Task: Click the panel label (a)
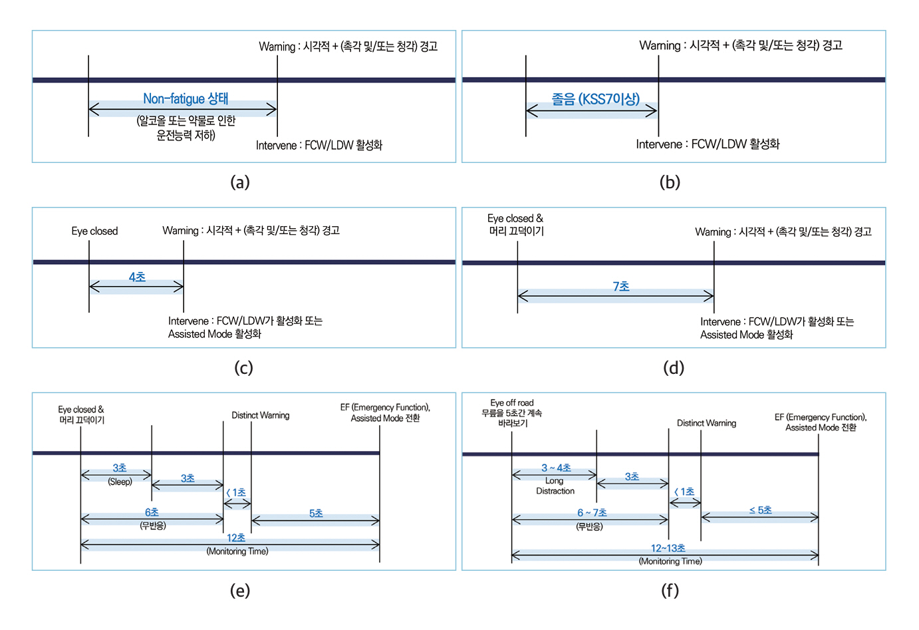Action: (x=239, y=182)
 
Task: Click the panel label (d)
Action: (x=673, y=368)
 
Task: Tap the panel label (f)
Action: (x=670, y=590)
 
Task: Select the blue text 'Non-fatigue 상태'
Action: (x=186, y=99)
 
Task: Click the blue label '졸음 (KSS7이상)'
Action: (x=595, y=99)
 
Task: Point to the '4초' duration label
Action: (x=137, y=277)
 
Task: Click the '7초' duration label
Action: (x=620, y=286)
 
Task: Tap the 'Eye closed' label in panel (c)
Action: (x=94, y=231)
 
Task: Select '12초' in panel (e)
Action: (x=236, y=538)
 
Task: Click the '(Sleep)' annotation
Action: (x=120, y=482)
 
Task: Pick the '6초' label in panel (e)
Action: (x=152, y=512)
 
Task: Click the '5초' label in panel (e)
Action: (x=316, y=513)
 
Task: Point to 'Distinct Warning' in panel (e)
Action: (x=260, y=415)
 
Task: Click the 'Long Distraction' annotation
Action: (x=555, y=486)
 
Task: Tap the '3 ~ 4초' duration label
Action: (x=556, y=468)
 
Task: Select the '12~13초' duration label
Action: (x=668, y=548)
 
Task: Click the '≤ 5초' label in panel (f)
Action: (x=760, y=510)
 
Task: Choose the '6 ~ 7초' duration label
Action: (x=592, y=512)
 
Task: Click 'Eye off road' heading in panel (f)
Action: (x=511, y=402)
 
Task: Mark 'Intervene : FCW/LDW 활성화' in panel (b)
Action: (x=708, y=144)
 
